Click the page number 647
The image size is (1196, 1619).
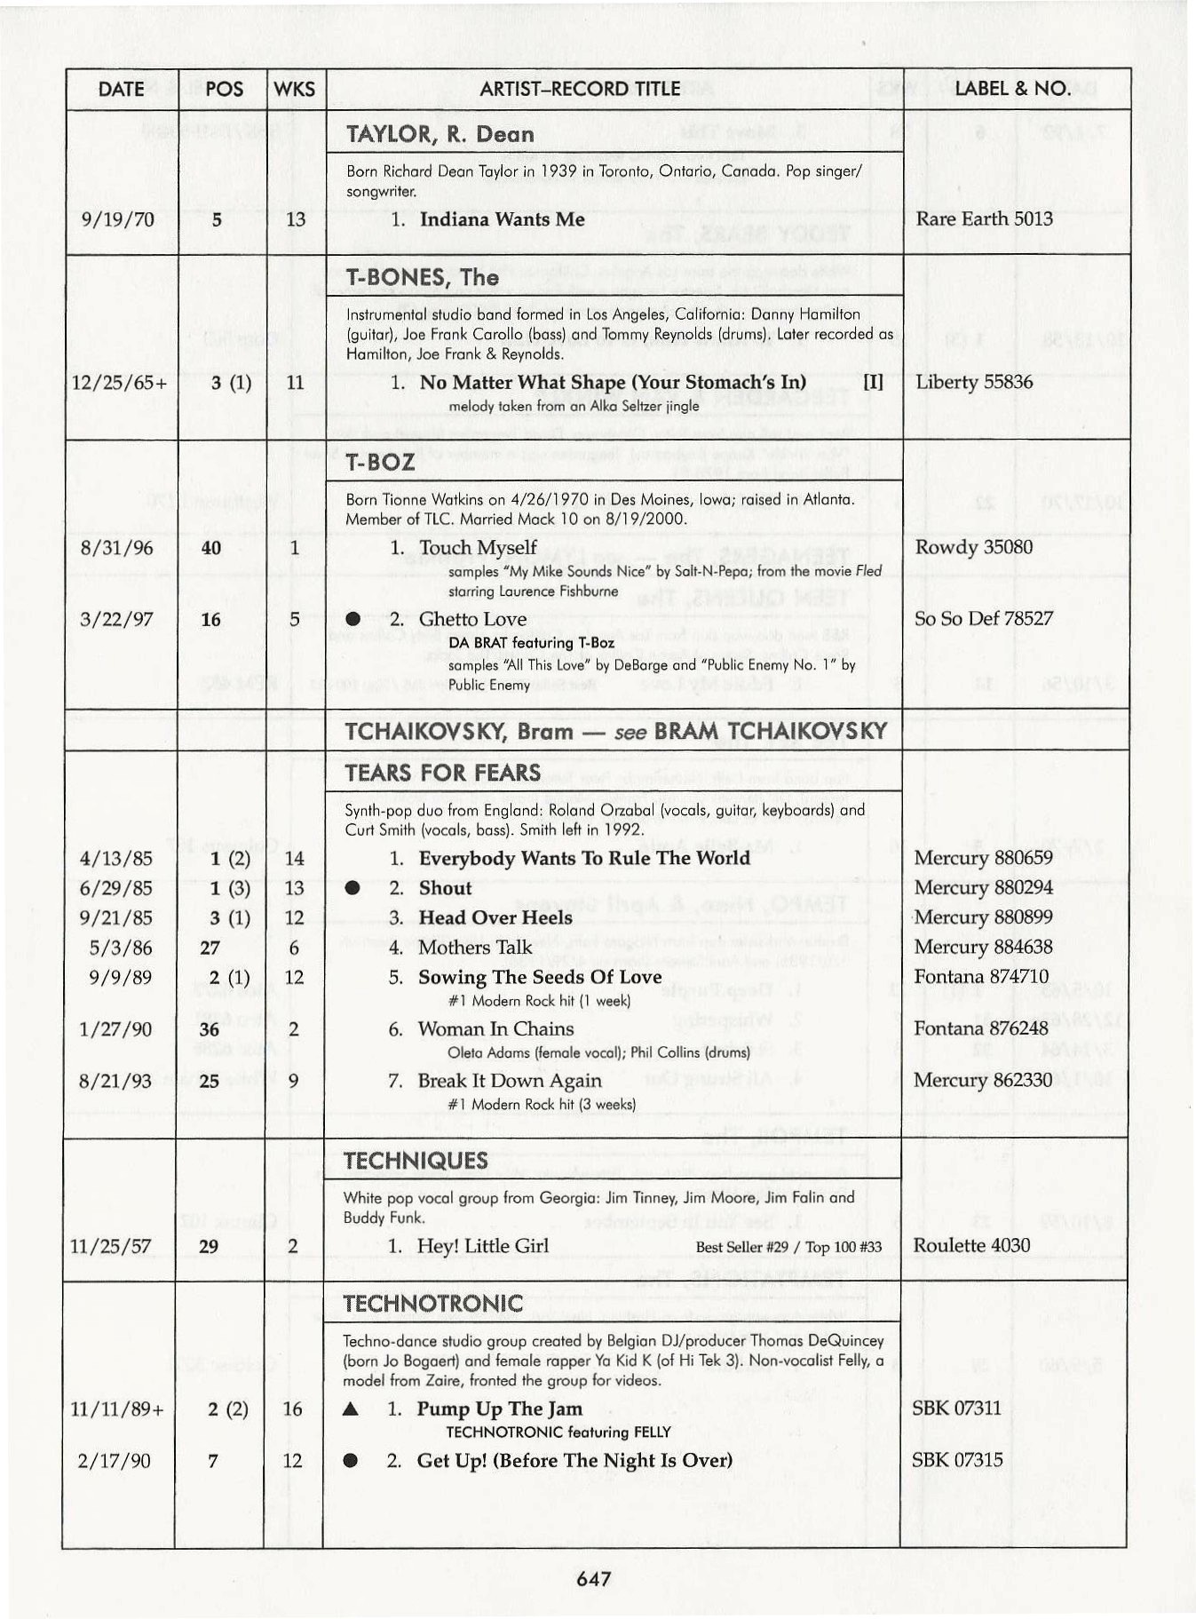[x=593, y=1578]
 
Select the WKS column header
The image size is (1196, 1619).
[x=294, y=89]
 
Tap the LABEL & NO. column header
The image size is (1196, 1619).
[x=1012, y=88]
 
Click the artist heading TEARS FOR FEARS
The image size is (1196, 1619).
[x=442, y=773]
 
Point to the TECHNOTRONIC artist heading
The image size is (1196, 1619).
[x=432, y=1303]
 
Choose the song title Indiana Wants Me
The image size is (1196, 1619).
[x=502, y=219]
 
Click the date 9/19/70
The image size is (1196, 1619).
[x=116, y=219]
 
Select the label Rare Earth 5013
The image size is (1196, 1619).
[x=984, y=218]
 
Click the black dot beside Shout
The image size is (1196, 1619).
[x=352, y=888]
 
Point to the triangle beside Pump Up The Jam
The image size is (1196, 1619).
[x=351, y=1409]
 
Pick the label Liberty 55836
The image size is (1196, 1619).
[x=974, y=382]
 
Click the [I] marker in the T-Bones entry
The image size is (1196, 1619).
[x=874, y=382]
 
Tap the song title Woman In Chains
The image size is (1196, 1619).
[x=495, y=1029]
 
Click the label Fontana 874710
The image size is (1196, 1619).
[x=981, y=977]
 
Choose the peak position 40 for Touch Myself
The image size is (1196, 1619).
[x=210, y=548]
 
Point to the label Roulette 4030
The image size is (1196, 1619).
[x=971, y=1245]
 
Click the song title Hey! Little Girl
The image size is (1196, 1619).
[x=482, y=1246]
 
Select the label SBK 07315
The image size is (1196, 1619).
[x=957, y=1460]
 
